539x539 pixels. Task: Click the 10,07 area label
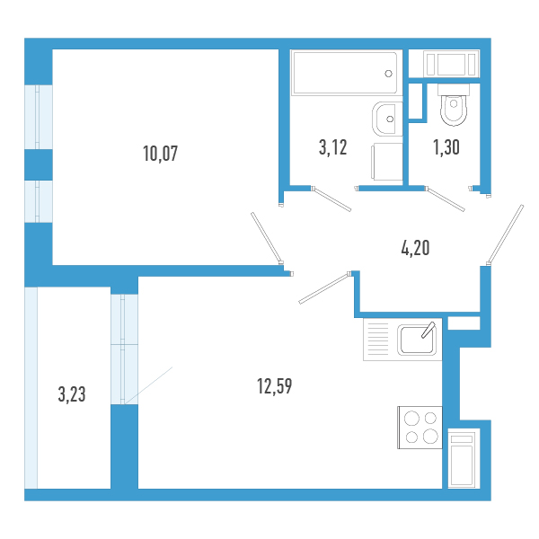160,154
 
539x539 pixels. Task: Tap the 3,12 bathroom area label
332,147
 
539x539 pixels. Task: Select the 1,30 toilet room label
446,147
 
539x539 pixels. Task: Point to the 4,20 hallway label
415,248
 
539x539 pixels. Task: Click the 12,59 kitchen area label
274,386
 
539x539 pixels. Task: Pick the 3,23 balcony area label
72,394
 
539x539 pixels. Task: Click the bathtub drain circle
388,74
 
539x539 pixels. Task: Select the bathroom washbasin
387,119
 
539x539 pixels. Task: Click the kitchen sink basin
417,340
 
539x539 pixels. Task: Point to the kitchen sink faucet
429,331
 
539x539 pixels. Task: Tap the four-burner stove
420,428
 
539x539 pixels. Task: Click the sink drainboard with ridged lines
378,340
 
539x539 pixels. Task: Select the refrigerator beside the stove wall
463,458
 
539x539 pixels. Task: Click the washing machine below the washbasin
386,162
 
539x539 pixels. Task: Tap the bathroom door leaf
331,199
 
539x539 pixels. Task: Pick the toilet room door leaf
446,199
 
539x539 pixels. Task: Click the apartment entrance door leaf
505,235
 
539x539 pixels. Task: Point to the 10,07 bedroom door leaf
267,238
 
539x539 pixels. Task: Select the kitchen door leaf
325,288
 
